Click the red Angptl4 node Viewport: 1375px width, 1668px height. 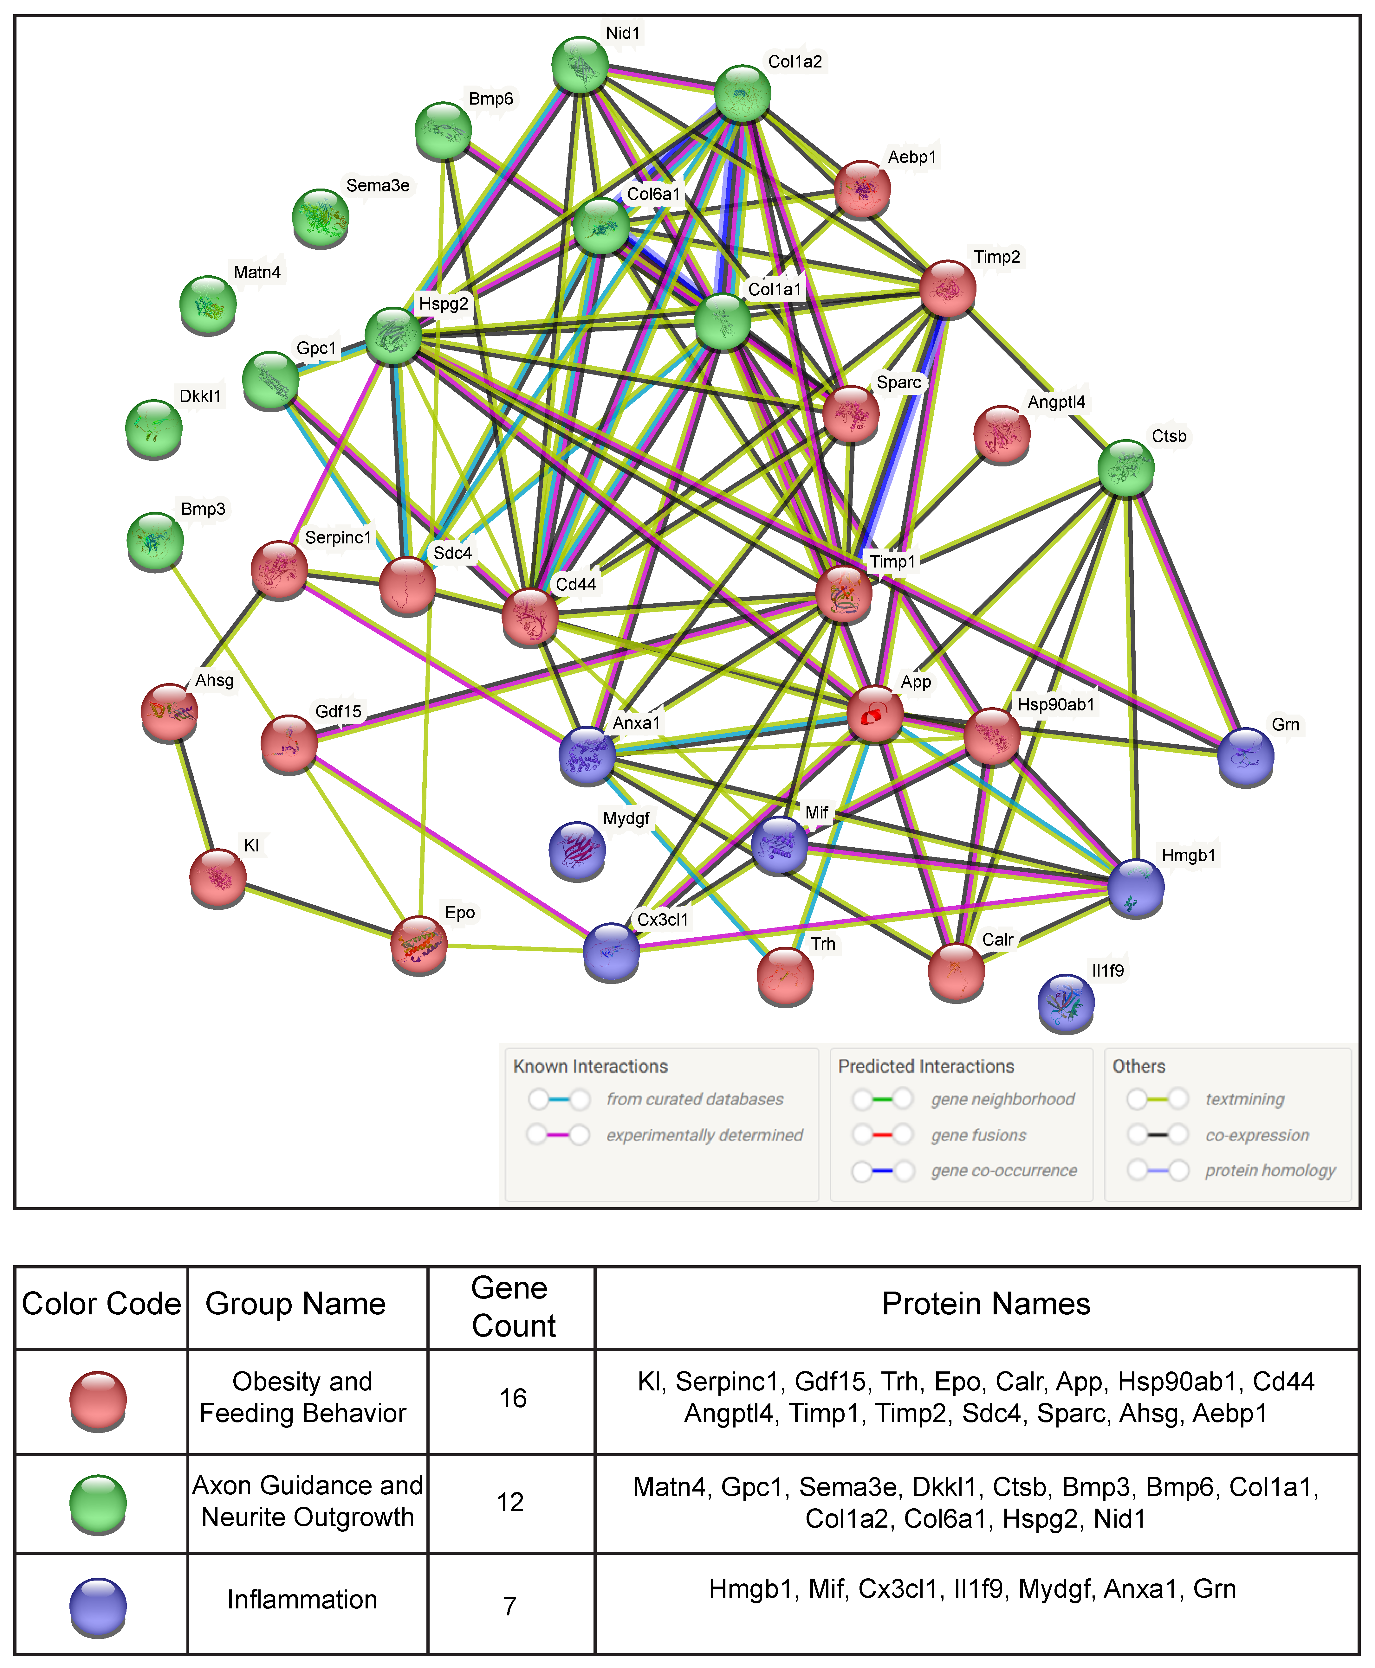pyautogui.click(x=1001, y=434)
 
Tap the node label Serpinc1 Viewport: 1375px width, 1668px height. pyautogui.click(x=338, y=537)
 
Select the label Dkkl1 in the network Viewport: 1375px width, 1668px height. pyautogui.click(x=200, y=396)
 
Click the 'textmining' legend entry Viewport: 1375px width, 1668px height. pyautogui.click(x=1244, y=1099)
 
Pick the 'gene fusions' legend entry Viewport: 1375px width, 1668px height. pyautogui.click(x=978, y=1135)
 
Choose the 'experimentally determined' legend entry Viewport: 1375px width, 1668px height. pyautogui.click(x=704, y=1135)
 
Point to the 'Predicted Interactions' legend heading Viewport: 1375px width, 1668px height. pyautogui.click(x=926, y=1066)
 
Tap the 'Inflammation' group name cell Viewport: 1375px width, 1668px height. pyautogui.click(x=302, y=1599)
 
